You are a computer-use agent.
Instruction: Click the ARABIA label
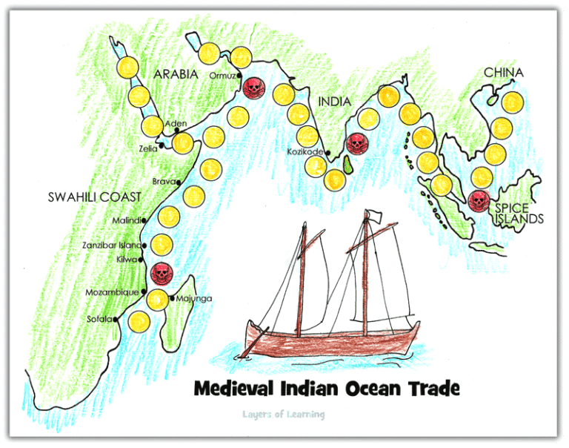coord(176,74)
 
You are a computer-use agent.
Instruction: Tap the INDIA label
coord(333,102)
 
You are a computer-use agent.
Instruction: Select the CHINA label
coord(504,73)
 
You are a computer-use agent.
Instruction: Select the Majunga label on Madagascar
coord(194,299)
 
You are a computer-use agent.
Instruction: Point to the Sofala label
coord(99,319)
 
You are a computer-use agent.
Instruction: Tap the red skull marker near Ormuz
coord(253,88)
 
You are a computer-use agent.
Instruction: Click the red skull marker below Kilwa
coord(160,272)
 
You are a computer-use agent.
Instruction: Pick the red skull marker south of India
coord(357,142)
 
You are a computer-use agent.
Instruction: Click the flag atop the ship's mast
coord(375,217)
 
